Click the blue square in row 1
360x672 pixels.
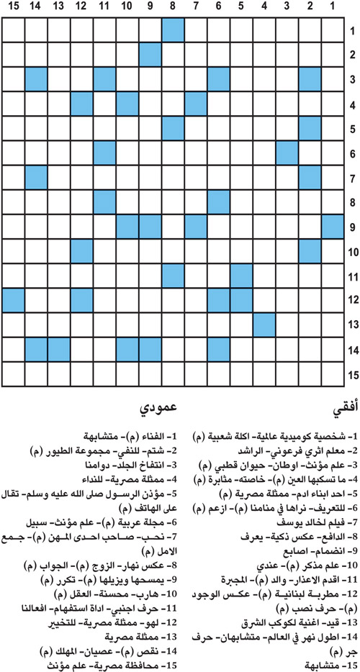[173, 31]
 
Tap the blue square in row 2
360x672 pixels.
[150, 55]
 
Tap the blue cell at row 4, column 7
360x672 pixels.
[196, 104]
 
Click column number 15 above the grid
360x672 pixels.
[13, 8]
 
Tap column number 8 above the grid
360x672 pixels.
[173, 8]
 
